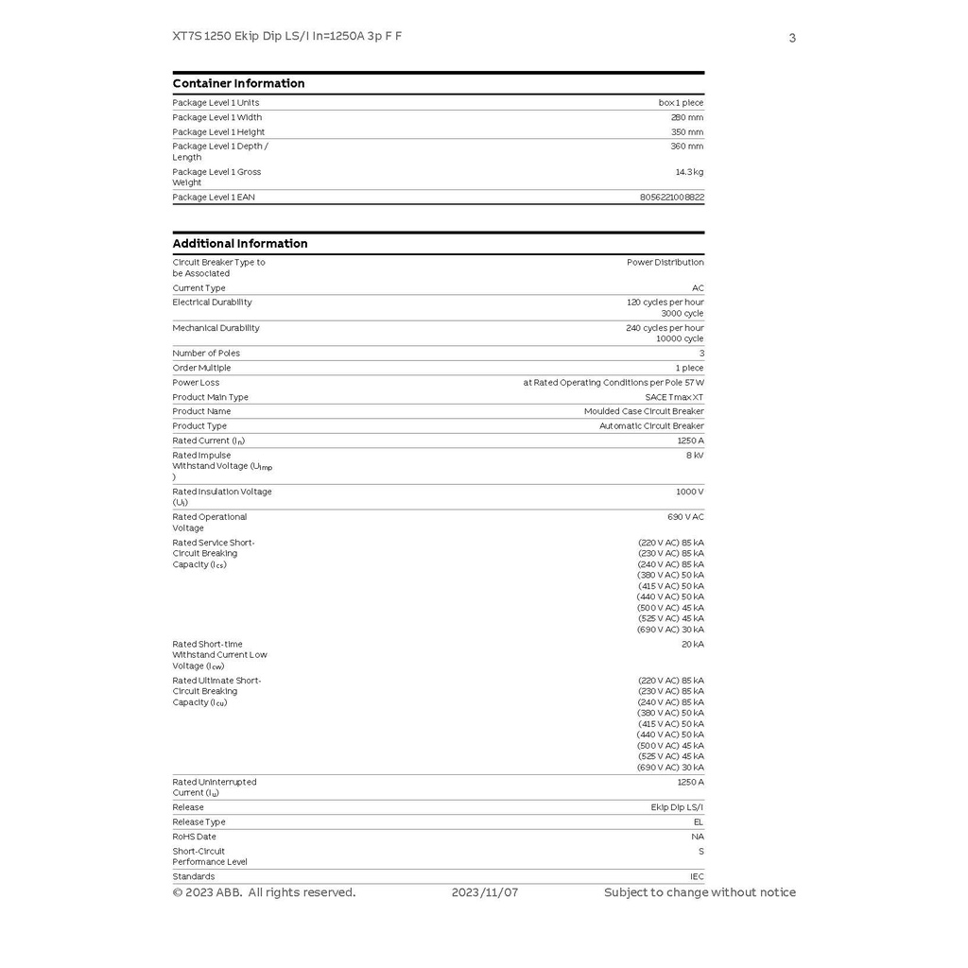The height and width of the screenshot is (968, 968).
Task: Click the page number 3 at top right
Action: coord(792,38)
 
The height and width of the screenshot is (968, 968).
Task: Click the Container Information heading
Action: coord(238,83)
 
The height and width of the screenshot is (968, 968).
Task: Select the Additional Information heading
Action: coord(240,244)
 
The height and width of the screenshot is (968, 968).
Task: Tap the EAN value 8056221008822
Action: coord(671,198)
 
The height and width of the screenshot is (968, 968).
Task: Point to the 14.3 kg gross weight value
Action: coord(689,172)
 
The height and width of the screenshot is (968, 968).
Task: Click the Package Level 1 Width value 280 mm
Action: coord(687,117)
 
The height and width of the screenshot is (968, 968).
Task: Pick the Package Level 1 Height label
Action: coord(218,132)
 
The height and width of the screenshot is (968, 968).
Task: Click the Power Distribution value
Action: coord(665,262)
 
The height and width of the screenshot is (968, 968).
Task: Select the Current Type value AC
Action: coord(698,288)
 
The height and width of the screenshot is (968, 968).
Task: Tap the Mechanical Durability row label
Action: coord(216,328)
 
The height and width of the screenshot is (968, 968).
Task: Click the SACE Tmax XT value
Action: coord(674,397)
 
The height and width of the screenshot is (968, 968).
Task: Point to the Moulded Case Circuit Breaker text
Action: coord(644,411)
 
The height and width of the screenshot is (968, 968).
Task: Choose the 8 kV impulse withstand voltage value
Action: coord(695,456)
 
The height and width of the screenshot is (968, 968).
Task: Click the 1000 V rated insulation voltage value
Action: coord(689,492)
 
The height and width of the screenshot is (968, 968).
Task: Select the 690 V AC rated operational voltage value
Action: coord(685,517)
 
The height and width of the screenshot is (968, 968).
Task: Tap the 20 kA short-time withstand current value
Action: coord(692,645)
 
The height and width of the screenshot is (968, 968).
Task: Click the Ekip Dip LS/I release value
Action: coord(677,807)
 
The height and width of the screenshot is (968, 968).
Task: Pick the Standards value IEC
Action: coord(697,876)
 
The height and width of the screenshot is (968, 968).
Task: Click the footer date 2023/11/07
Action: coord(485,892)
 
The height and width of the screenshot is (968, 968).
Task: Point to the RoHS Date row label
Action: coord(194,837)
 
